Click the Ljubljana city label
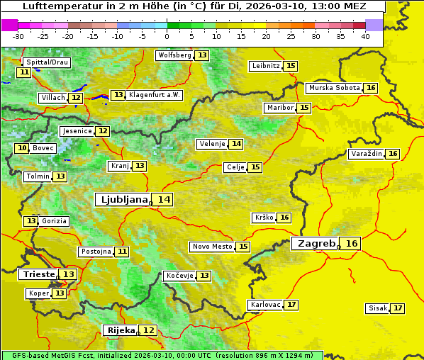click(122, 200)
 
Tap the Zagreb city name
click(316, 244)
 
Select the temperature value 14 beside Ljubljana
click(164, 200)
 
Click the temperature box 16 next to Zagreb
click(352, 244)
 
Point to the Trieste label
click(39, 274)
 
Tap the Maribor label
click(279, 108)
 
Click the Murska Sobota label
click(333, 88)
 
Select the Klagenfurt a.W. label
click(154, 95)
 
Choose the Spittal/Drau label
click(47, 62)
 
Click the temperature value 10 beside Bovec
click(22, 148)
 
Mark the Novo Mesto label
click(212, 247)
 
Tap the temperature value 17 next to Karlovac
click(291, 305)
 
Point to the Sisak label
click(377, 308)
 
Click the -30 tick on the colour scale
click(18, 36)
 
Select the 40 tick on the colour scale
click(364, 36)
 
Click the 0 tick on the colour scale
click(167, 36)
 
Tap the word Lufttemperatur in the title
click(55, 6)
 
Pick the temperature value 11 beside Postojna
click(123, 252)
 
